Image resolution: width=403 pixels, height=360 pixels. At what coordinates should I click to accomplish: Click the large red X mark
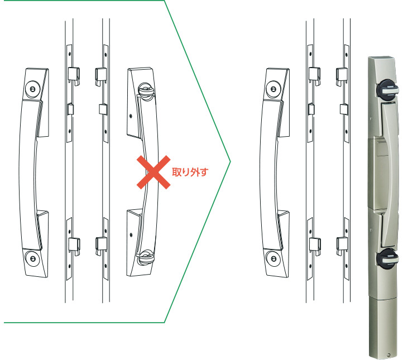(153, 172)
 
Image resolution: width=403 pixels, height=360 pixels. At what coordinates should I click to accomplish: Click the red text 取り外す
(190, 172)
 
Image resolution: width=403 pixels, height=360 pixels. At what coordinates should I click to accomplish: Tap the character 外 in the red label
(195, 172)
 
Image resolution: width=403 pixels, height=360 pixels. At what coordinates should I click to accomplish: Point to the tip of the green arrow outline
(231, 162)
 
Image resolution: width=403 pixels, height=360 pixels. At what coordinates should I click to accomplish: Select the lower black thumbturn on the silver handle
(387, 258)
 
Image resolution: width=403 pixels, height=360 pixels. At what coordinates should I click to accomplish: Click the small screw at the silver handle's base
(388, 356)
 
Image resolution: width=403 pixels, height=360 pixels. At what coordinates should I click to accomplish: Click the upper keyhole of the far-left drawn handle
(32, 89)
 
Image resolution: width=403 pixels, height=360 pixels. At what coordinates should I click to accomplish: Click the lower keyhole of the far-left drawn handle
(32, 258)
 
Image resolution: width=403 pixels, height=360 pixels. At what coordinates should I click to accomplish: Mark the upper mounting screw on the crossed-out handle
(131, 116)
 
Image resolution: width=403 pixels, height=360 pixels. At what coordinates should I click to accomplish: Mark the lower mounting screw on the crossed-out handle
(131, 234)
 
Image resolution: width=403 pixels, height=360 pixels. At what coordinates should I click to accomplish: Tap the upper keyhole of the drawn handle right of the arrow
(273, 89)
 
